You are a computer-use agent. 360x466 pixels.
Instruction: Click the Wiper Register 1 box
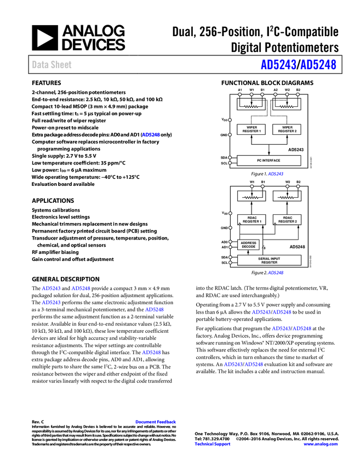[251, 129]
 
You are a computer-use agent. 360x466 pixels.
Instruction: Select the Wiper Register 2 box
[287, 129]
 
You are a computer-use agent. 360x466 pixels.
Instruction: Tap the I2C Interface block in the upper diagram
[269, 161]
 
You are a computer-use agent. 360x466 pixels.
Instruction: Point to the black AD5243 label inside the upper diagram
[296, 150]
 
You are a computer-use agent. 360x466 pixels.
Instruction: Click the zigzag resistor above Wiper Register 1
[251, 106]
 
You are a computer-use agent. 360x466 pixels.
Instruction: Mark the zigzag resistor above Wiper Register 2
[287, 106]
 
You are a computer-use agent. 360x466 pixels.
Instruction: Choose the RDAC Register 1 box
[251, 219]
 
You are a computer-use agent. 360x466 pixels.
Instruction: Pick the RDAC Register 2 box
[287, 219]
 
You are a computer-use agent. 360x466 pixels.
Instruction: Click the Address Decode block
[248, 245]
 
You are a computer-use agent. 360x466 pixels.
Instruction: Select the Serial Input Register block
[269, 260]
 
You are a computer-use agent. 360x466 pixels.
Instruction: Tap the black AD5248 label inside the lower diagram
[297, 247]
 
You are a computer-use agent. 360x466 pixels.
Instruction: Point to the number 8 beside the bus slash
[264, 248]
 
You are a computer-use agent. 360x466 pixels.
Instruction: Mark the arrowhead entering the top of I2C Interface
[269, 154]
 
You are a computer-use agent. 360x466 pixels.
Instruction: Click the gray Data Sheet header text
[52, 65]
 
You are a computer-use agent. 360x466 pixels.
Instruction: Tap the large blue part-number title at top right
[298, 65]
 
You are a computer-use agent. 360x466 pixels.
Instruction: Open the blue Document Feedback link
[156, 422]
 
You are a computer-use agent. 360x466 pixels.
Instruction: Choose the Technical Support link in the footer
[213, 444]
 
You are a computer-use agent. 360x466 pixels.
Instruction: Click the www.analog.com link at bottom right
[321, 444]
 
